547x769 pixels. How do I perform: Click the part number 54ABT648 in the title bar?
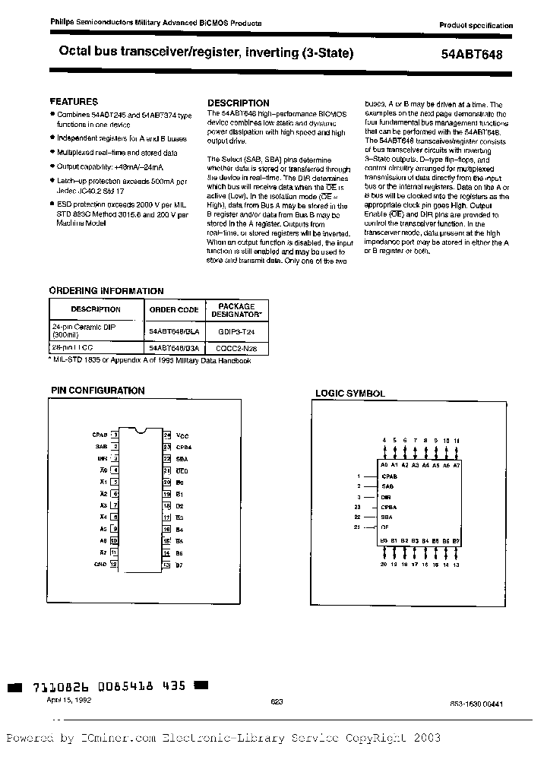(472, 55)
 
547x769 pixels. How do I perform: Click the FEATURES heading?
(74, 101)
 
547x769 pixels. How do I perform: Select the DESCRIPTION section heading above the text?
(239, 103)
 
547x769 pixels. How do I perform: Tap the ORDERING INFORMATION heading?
(106, 291)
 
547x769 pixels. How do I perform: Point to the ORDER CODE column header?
(174, 309)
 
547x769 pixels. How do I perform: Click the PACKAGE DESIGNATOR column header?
(238, 309)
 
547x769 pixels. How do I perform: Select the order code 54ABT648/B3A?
(174, 347)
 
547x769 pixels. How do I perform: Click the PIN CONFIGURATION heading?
(97, 391)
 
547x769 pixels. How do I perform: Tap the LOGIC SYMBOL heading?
(350, 394)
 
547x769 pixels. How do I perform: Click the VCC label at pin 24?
(182, 435)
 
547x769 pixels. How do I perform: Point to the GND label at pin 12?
(100, 565)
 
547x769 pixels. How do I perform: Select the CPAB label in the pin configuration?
(100, 435)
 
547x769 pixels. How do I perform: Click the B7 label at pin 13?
(180, 565)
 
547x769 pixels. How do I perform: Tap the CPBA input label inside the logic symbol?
(390, 505)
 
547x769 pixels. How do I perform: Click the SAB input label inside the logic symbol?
(387, 485)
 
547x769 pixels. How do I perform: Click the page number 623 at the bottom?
(277, 703)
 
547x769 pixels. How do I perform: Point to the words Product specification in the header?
(476, 26)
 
